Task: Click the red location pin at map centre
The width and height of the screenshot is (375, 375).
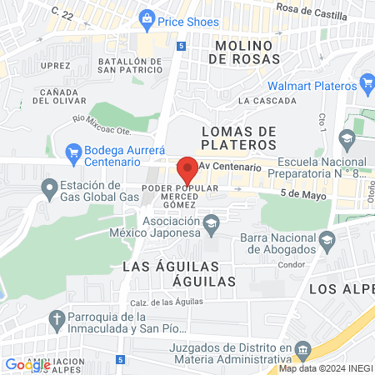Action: pyautogui.click(x=187, y=168)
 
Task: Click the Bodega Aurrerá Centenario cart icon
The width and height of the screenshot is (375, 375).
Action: pyautogui.click(x=72, y=152)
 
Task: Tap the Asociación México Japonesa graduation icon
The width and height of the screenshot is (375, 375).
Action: pyautogui.click(x=212, y=222)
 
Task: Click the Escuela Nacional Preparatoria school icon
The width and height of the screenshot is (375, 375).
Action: pyautogui.click(x=347, y=137)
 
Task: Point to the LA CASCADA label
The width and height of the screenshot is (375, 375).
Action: pyautogui.click(x=266, y=101)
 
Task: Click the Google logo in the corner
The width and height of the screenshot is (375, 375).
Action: pyautogui.click(x=27, y=364)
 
